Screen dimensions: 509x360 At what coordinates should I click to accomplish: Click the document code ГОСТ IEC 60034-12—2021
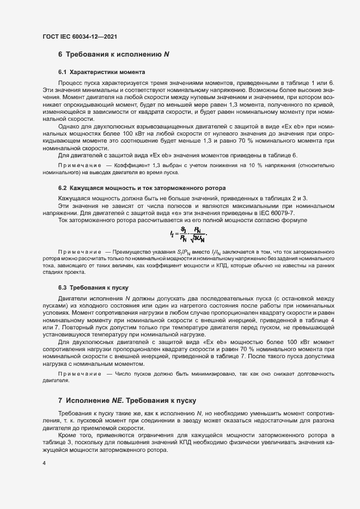(x=80, y=36)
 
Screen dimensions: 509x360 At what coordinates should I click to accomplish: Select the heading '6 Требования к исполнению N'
(x=114, y=54)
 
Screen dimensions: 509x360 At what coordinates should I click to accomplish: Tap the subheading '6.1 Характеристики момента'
(x=101, y=72)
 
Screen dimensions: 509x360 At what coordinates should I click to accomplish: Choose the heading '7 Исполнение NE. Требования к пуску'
(x=126, y=401)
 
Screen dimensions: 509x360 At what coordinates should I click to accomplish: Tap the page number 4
(x=44, y=463)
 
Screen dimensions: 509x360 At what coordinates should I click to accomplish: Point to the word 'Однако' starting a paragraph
(x=68, y=127)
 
